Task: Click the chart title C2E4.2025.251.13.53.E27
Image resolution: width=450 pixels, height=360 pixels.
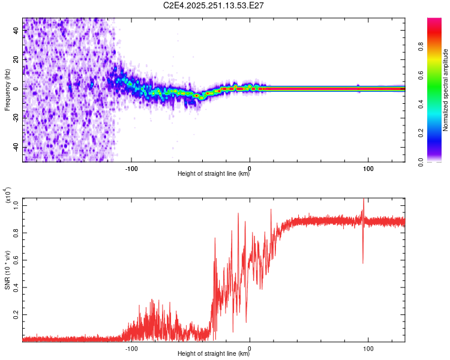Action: point(214,5)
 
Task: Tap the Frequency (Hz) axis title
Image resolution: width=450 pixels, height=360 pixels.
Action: point(7,89)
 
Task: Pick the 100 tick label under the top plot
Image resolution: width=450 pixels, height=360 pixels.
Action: point(368,167)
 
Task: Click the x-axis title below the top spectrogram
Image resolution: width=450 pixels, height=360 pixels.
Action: point(214,174)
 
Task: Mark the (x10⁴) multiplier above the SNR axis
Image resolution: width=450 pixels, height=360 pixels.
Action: point(8,196)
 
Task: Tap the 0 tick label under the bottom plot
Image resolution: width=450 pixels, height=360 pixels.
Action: point(250,347)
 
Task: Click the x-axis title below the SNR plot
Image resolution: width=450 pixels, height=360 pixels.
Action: point(214,354)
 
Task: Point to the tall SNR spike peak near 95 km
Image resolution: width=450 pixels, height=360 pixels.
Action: point(363,200)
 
